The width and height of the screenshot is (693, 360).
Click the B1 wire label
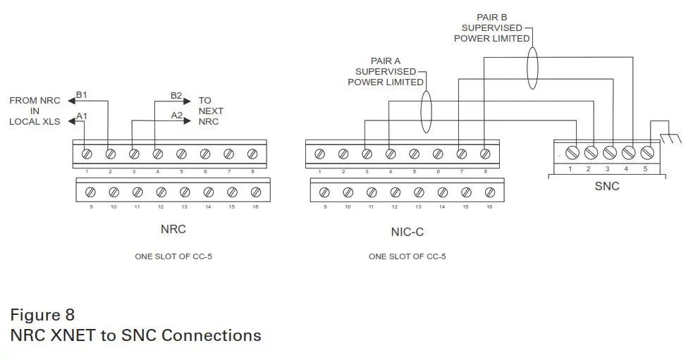click(x=81, y=95)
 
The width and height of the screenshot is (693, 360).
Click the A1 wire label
click(x=81, y=116)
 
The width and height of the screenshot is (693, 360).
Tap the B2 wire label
click(x=176, y=95)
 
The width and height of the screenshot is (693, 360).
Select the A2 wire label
click(x=176, y=115)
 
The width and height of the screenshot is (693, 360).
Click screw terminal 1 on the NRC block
click(x=87, y=153)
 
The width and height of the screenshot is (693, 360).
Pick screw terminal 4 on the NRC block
click(x=157, y=153)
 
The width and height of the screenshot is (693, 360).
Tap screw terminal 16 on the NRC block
click(x=255, y=192)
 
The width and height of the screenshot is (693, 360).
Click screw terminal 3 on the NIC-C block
click(x=366, y=153)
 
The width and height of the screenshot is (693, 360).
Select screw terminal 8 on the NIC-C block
click(x=484, y=153)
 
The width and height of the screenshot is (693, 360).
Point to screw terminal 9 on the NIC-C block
click(x=324, y=192)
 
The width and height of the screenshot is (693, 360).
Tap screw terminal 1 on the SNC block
click(x=573, y=151)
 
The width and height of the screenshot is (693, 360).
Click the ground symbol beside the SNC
click(x=670, y=135)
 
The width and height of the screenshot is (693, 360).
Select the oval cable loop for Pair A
click(x=426, y=111)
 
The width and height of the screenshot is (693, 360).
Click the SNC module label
click(x=606, y=186)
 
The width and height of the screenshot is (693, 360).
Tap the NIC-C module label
click(x=407, y=231)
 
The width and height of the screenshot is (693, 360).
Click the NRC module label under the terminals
click(x=173, y=230)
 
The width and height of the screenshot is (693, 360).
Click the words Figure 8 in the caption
click(x=42, y=314)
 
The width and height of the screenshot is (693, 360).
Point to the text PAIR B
click(x=491, y=15)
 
